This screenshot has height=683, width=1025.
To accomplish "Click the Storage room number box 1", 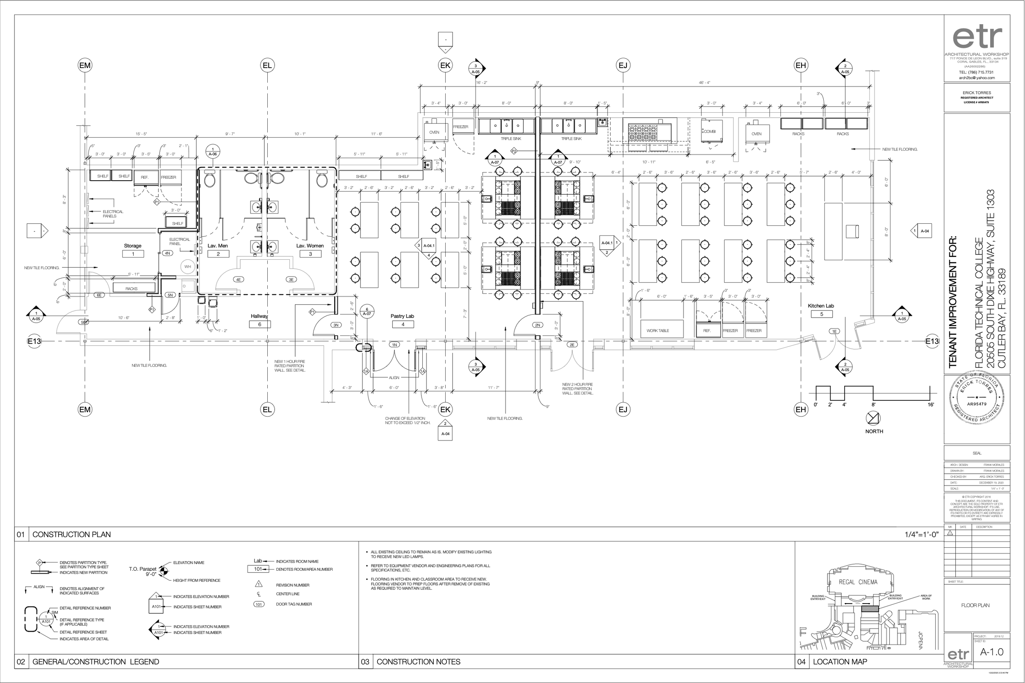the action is click(x=133, y=254).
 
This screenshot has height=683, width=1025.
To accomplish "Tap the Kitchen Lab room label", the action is click(x=820, y=306).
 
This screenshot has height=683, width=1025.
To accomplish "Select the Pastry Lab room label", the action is click(x=402, y=316).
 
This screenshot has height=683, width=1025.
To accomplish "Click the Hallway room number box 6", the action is click(x=260, y=324).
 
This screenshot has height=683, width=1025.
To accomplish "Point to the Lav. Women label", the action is click(x=310, y=246).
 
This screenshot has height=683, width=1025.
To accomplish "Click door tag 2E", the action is click(x=572, y=345).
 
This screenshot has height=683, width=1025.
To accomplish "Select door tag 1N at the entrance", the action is click(x=394, y=345).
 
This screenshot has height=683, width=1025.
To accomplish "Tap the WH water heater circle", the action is click(x=187, y=267).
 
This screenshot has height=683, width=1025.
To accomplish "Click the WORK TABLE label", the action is click(x=658, y=331).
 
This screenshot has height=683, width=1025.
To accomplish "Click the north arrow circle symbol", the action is click(x=873, y=418).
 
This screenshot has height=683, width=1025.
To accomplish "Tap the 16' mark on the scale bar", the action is click(x=930, y=405).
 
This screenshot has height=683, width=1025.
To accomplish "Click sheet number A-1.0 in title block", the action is click(x=991, y=652).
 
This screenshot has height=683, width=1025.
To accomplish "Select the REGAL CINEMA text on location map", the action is click(x=858, y=582).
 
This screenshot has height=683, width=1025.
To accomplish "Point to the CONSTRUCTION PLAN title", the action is click(x=71, y=534).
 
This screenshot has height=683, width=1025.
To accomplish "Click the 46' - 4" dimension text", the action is click(x=704, y=82).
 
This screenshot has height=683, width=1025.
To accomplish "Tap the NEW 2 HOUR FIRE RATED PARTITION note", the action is click(x=577, y=388).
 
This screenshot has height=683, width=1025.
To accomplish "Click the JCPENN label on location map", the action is click(x=921, y=640).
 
